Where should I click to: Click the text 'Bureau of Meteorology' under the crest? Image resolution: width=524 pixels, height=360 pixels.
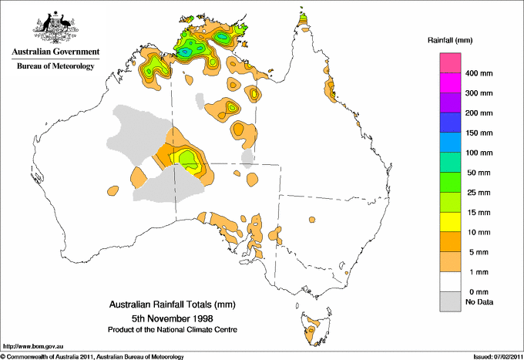(55, 66)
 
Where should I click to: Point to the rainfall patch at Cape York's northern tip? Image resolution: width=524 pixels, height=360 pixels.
(304, 18)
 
